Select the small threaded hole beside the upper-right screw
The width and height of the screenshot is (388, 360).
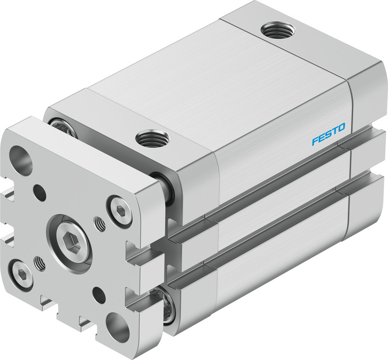click(x=100, y=224)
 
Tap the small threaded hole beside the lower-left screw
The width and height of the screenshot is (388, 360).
click(x=39, y=263)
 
